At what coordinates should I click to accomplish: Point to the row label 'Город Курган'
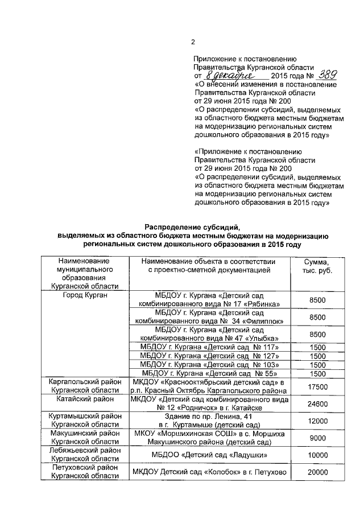coord(85,295)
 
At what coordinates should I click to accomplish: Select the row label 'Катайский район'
coord(85,399)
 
